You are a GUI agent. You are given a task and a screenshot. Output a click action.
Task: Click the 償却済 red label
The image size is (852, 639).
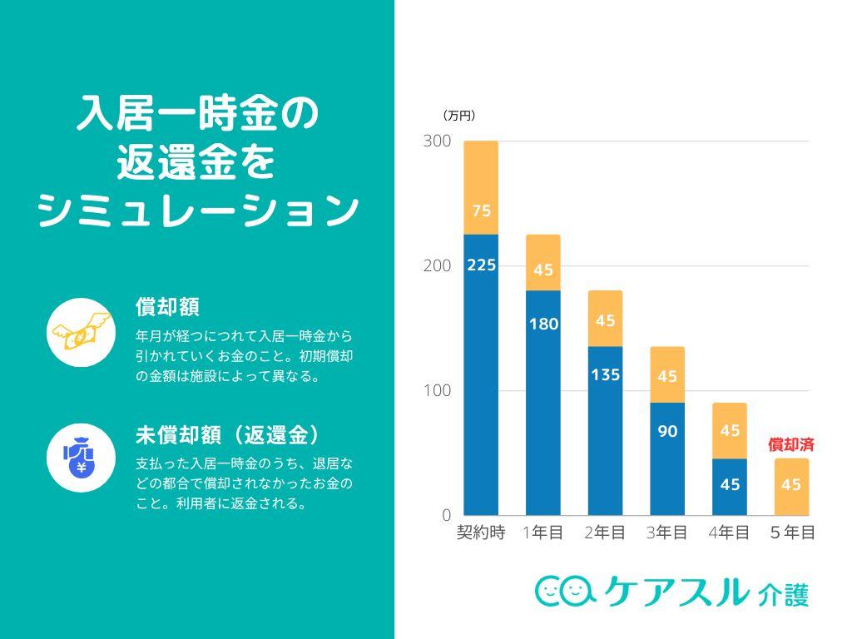click(x=790, y=444)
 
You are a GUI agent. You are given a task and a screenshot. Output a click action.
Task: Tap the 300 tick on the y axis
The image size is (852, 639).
click(x=437, y=141)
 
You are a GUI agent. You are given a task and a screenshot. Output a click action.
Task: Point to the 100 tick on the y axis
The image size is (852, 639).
click(x=437, y=391)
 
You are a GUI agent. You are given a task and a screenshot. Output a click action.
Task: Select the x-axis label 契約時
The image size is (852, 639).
click(x=481, y=533)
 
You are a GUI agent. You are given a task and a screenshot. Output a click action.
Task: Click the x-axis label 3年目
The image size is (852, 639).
click(x=667, y=533)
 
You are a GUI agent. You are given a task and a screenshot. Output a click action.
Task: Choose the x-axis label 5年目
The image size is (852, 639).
click(x=791, y=533)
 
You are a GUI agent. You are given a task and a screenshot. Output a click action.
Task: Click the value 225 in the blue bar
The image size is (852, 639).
click(x=481, y=265)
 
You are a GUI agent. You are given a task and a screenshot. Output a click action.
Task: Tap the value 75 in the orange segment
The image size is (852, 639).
click(x=481, y=211)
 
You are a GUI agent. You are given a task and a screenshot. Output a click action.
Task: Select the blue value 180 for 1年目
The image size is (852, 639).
click(x=543, y=324)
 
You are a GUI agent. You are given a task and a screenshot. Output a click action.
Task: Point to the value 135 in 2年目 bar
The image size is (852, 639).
click(x=605, y=375)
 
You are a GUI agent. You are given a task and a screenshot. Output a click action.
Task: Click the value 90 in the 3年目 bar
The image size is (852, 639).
click(x=667, y=431)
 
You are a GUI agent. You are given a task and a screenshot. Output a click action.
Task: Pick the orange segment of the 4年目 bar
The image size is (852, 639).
click(x=730, y=431)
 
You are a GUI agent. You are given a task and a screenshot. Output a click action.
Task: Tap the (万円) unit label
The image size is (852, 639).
click(x=458, y=116)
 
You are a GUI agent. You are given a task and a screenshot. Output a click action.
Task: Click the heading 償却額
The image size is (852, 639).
click(x=167, y=307)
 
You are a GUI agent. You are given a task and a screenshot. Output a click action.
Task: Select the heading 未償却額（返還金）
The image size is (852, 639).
click(x=229, y=435)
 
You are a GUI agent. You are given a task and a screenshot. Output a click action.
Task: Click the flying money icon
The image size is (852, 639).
click(x=81, y=332)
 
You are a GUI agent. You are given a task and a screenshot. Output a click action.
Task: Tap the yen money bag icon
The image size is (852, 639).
click(x=81, y=458)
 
